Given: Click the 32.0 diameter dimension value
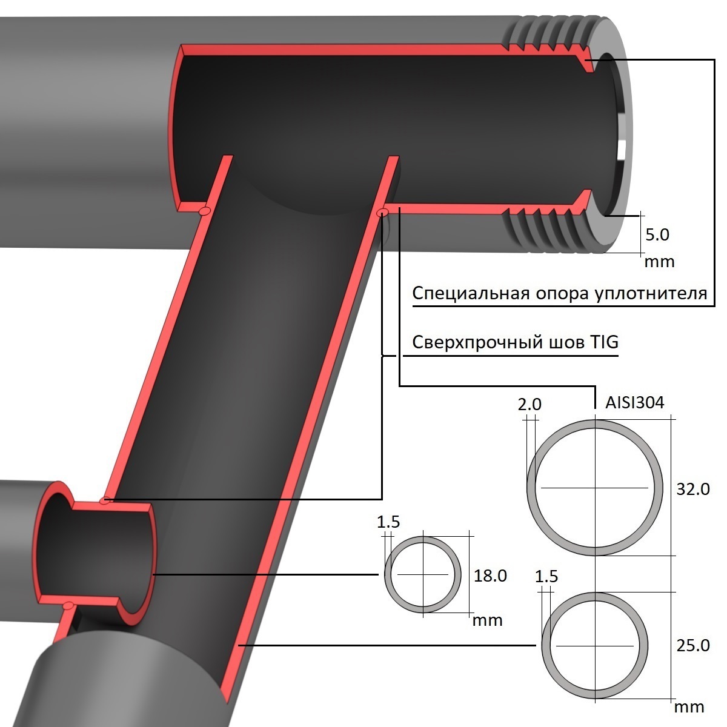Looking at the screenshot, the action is tap(692, 490).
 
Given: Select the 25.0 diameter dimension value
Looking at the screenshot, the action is tap(692, 645).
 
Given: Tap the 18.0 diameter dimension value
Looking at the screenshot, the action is tap(490, 576).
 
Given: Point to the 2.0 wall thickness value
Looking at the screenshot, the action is tap(529, 405).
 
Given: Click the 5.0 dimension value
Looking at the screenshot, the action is tap(657, 234).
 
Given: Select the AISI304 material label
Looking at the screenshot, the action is tap(634, 403).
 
